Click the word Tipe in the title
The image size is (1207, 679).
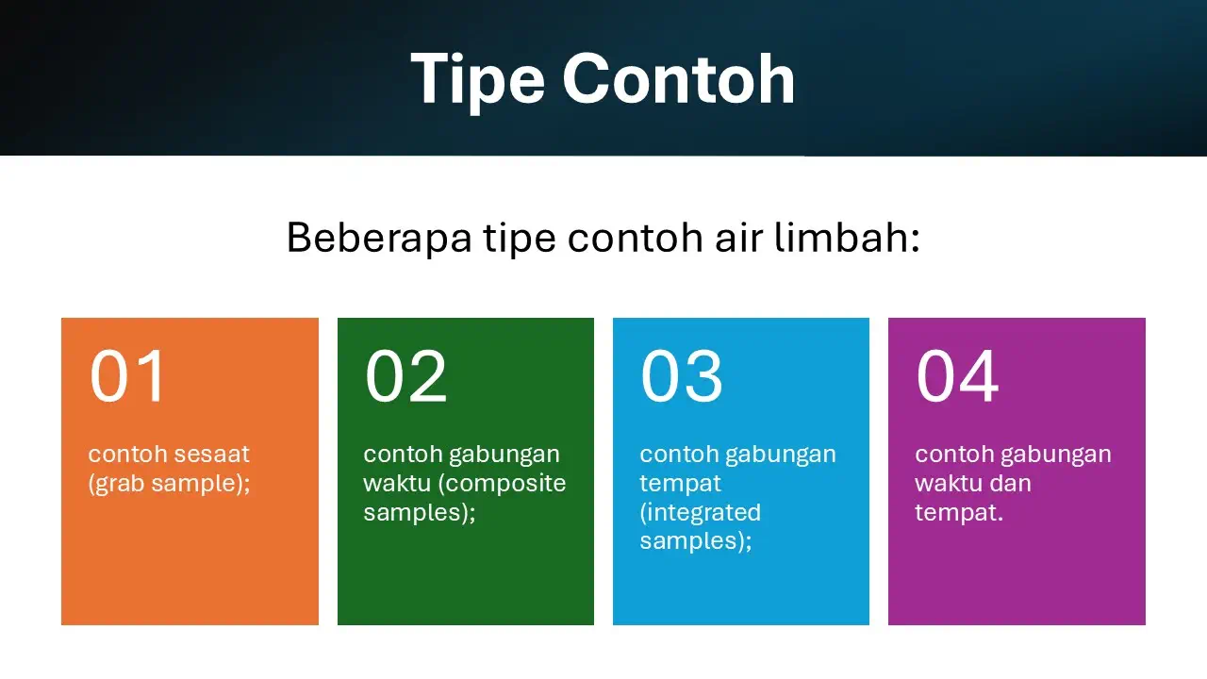(477, 81)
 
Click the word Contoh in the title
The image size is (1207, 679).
(679, 78)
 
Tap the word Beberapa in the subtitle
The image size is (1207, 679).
(379, 238)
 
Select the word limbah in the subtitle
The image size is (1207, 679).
(842, 237)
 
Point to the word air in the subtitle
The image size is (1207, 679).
(739, 238)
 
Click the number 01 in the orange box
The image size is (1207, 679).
(127, 375)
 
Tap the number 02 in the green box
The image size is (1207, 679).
(405, 375)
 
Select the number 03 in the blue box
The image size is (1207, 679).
(681, 375)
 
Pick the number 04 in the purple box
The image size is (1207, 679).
(957, 375)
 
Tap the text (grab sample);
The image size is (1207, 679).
(169, 484)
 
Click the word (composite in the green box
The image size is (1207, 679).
(502, 484)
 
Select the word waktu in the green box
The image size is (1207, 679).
(397, 484)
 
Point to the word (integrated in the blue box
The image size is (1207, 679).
(700, 512)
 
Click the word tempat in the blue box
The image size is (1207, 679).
(680, 484)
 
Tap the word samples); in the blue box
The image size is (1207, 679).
(696, 541)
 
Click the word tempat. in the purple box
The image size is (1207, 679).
(959, 513)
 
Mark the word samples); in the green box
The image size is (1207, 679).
(420, 512)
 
